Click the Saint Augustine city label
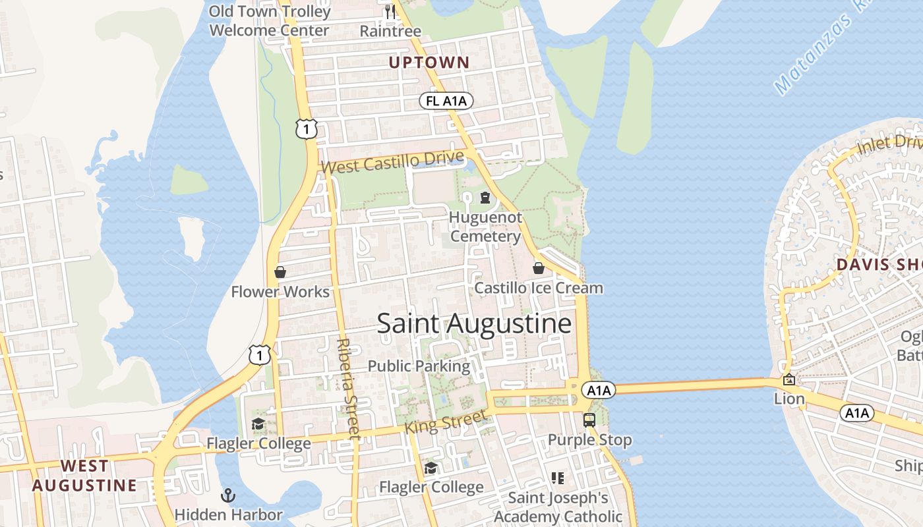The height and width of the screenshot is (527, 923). click(473, 323)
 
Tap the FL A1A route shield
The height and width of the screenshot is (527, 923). click(446, 101)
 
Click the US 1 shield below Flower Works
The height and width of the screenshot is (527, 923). click(260, 355)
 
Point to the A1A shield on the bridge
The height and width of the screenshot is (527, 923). click(598, 391)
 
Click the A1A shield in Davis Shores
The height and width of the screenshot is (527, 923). click(856, 413)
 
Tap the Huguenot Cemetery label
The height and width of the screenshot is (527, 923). click(485, 227)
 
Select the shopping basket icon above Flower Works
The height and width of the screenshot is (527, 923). click(280, 272)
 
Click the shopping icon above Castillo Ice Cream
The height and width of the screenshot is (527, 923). click(539, 268)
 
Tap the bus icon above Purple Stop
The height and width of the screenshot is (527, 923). click(589, 420)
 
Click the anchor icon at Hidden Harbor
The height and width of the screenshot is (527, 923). click(228, 495)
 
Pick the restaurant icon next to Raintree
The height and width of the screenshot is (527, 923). click(390, 11)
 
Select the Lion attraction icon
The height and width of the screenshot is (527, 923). click(789, 379)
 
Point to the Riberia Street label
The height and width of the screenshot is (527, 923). click(348, 389)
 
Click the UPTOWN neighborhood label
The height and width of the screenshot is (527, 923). click(429, 63)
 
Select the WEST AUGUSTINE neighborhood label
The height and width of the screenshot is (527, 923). click(85, 476)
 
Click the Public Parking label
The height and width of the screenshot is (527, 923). click(419, 366)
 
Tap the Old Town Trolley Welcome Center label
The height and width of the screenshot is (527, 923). click(269, 21)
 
